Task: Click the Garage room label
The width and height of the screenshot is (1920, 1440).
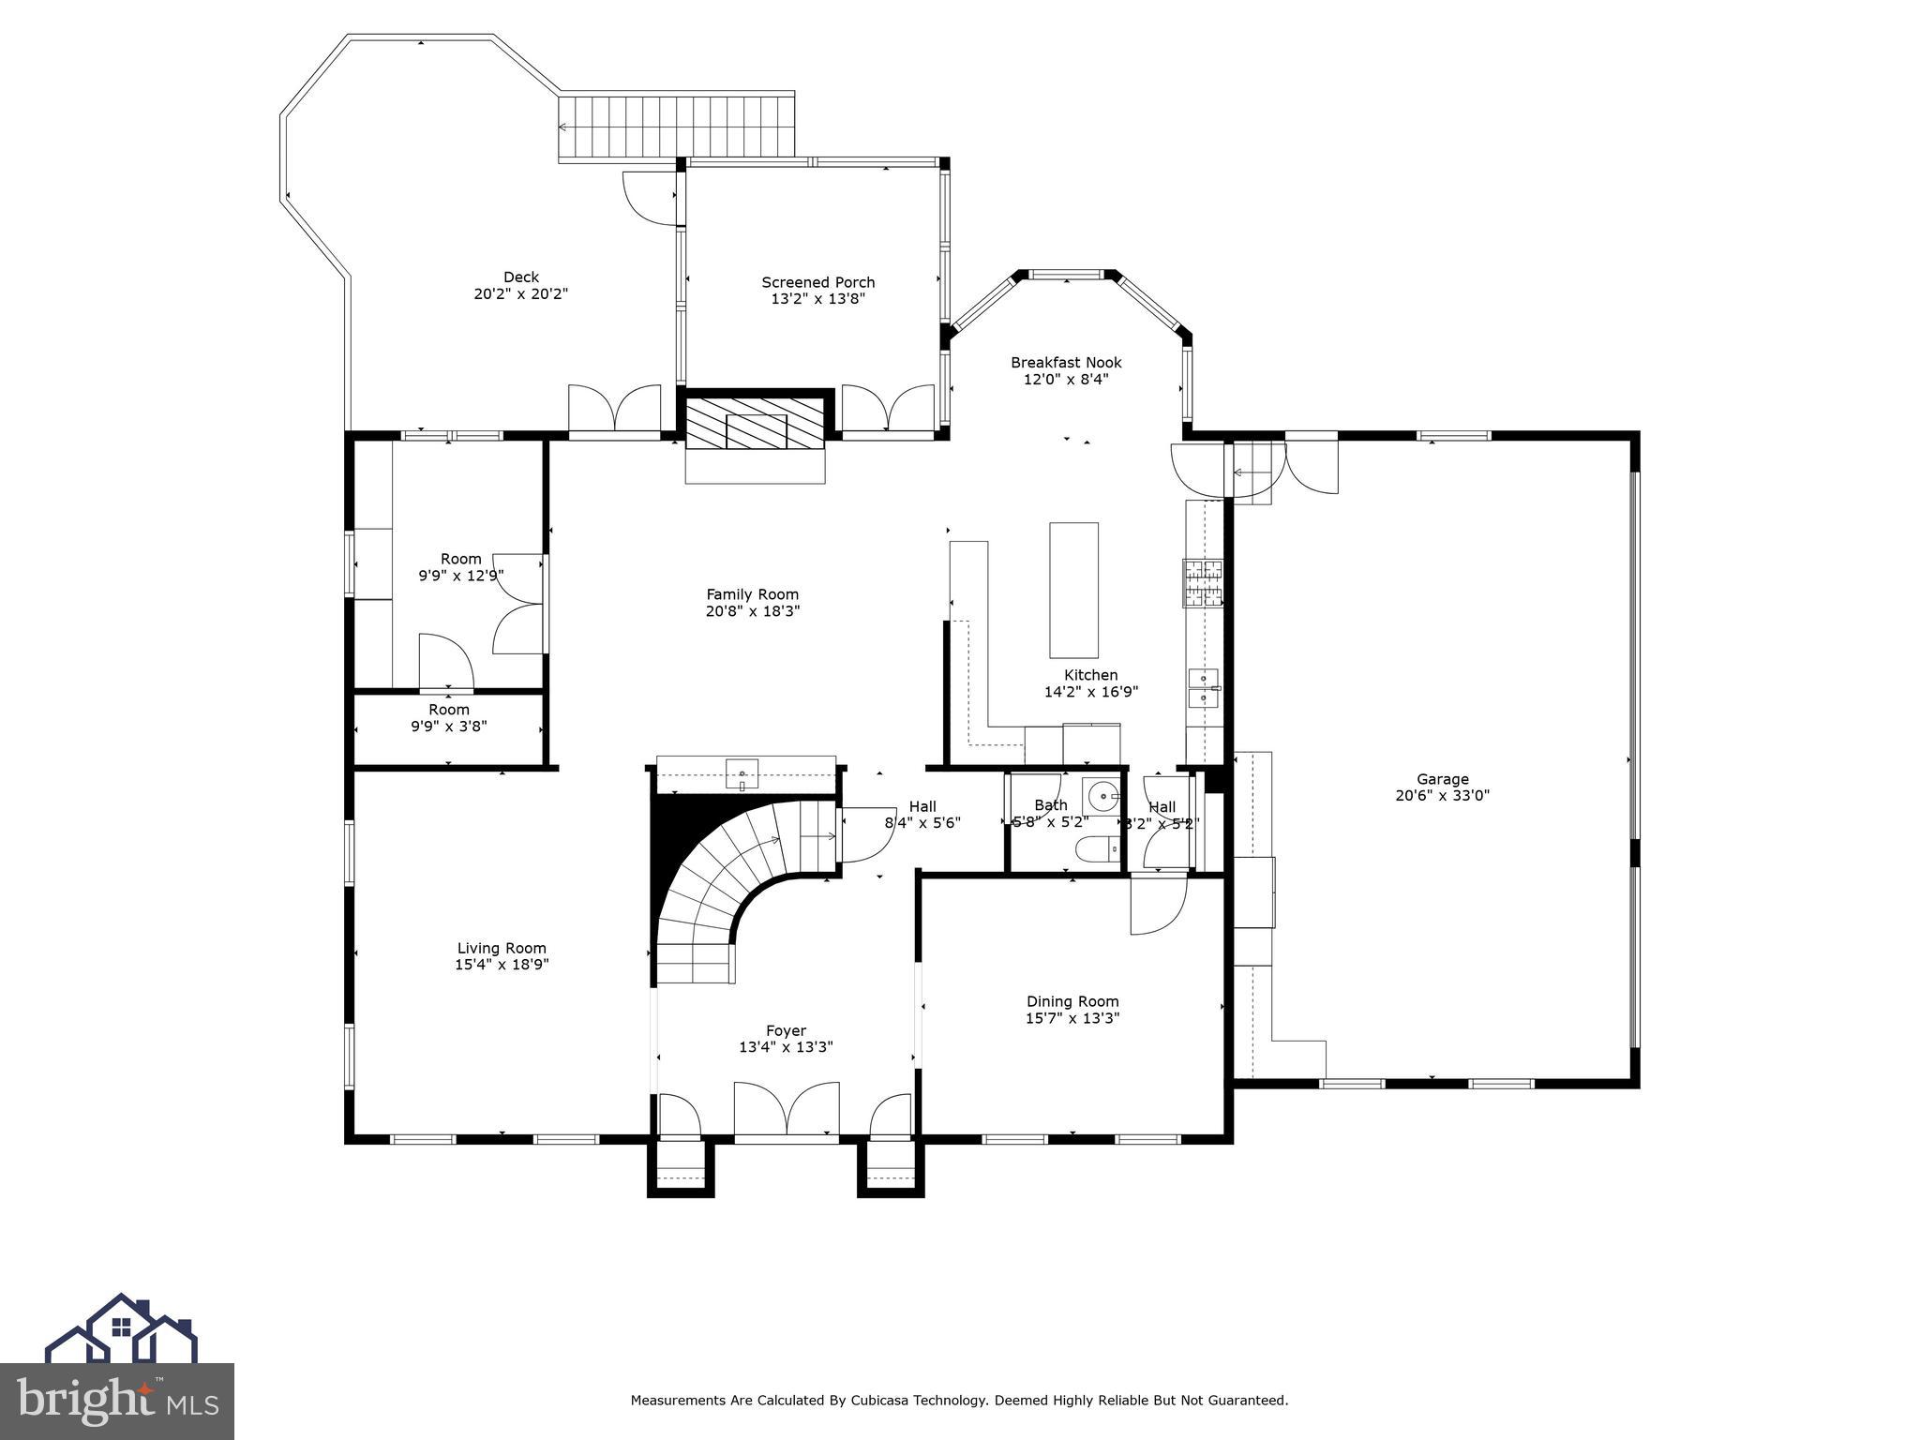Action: pos(1442,779)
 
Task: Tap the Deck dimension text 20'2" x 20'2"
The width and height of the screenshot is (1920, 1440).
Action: pos(520,294)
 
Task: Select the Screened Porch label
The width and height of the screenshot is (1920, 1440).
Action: pos(817,282)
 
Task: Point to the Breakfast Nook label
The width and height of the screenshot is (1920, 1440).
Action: pos(1066,363)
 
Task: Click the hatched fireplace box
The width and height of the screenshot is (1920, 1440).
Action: pos(756,424)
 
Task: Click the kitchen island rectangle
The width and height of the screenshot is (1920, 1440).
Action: pos(1073,591)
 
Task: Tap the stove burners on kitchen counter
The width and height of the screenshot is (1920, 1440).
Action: pos(1203,582)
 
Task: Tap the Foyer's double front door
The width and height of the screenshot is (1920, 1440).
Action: pos(786,1110)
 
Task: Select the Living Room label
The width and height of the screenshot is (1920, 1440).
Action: pos(502,949)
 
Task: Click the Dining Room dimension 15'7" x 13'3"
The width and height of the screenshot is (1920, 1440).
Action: pos(1072,1018)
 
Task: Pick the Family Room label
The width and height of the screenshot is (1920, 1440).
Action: pos(752,594)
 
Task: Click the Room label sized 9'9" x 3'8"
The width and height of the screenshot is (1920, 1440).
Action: pos(448,711)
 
